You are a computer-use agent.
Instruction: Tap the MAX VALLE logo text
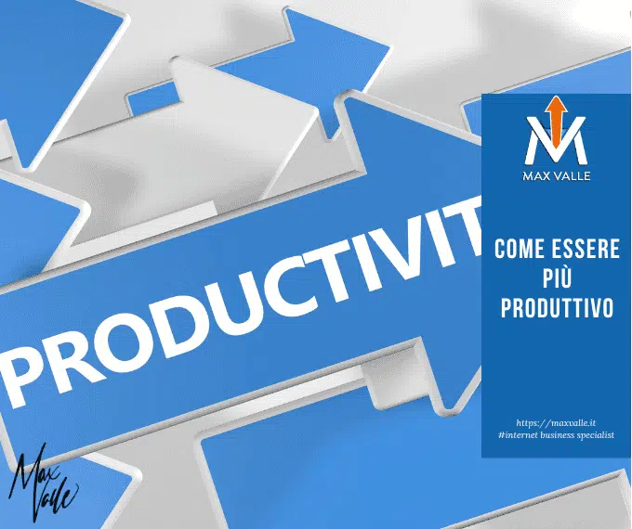[x=556, y=174]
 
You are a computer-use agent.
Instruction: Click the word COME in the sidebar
[x=517, y=249]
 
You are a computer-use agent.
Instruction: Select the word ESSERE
[x=583, y=249]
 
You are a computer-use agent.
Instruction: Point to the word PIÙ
[x=556, y=278]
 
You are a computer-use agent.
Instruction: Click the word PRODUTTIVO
[x=556, y=308]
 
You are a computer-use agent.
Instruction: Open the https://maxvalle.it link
[x=556, y=422]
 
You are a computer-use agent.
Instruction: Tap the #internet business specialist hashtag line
[x=556, y=435]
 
